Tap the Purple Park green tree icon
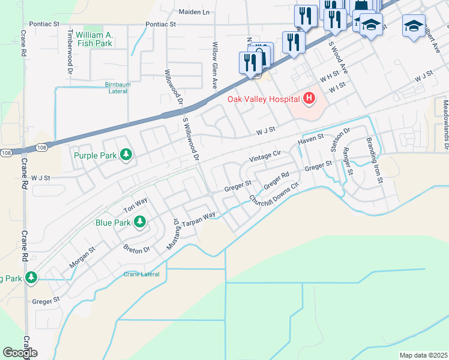pos(126,156)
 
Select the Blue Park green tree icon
pos(139,223)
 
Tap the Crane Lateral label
pos(142,274)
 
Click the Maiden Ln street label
pos(194,11)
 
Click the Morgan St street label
pos(82,257)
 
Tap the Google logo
pos(20,353)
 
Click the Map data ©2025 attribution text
pos(423,355)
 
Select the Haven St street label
pos(311,140)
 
